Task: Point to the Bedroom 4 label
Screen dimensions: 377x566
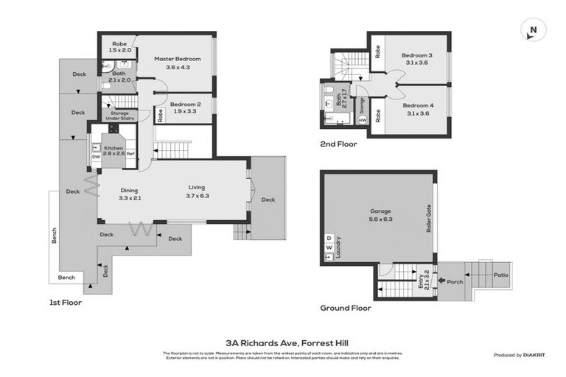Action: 417,109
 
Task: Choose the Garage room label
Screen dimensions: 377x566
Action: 380,214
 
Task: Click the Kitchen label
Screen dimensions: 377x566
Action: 113,151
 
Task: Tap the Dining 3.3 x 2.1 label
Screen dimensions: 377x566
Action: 130,193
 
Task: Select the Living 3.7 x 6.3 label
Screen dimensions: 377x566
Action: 198,191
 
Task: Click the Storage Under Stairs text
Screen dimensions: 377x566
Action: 119,116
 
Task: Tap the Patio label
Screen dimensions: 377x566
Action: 500,275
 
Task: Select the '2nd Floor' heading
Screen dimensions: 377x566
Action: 338,144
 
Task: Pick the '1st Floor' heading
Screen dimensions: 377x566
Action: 66,302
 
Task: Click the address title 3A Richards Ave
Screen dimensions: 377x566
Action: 282,342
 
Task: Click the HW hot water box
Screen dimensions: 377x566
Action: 362,120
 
